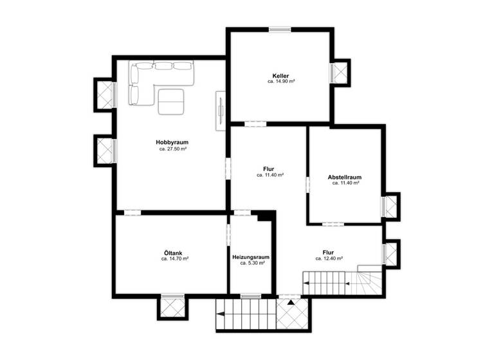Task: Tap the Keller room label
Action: (x=280, y=76)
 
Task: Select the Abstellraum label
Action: (x=345, y=177)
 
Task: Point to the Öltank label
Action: (x=174, y=252)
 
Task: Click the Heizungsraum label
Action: (x=252, y=257)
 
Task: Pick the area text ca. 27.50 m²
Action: (x=173, y=149)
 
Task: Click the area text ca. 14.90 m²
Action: (x=281, y=82)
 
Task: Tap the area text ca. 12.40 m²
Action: (x=329, y=258)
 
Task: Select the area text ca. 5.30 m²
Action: (x=252, y=264)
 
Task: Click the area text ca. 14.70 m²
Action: (x=175, y=258)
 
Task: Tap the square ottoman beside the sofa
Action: (x=172, y=101)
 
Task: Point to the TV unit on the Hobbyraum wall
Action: (x=221, y=110)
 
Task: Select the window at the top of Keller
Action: (x=280, y=28)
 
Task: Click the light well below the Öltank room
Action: (x=173, y=307)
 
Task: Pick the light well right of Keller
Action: (x=340, y=73)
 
